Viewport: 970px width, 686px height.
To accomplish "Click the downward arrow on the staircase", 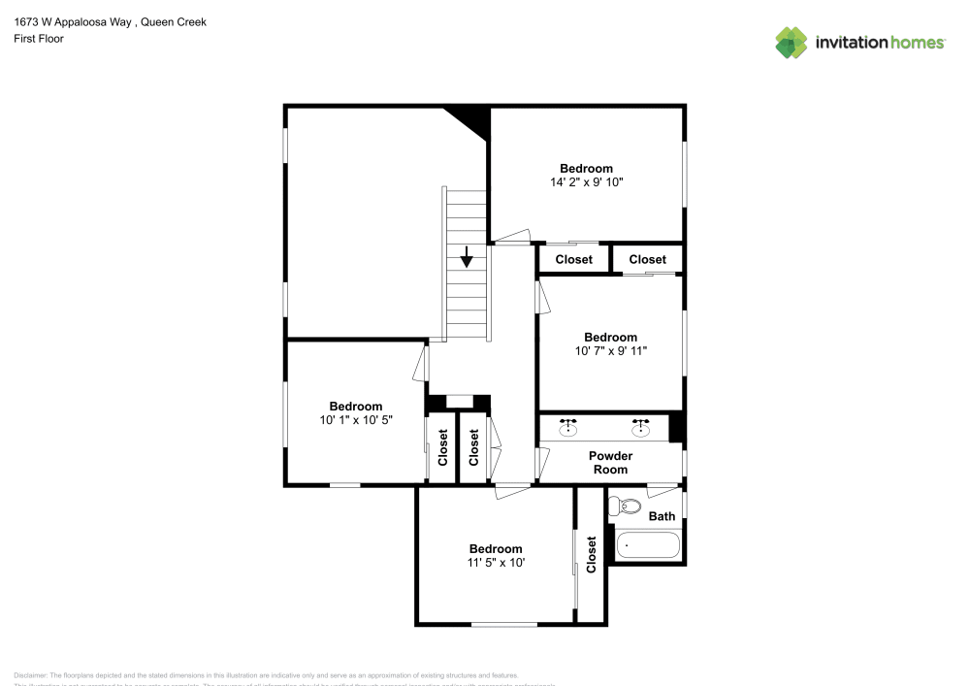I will [x=467, y=257].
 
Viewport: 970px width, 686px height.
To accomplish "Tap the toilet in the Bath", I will [x=630, y=506].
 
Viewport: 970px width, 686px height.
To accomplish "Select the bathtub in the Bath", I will [x=648, y=544].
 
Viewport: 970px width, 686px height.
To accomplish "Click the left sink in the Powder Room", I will [x=568, y=428].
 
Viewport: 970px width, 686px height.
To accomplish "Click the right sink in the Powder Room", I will [x=640, y=428].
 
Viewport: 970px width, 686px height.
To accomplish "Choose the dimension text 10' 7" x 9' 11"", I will [x=610, y=351].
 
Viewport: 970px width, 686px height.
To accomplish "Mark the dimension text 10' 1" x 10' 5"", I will [x=355, y=420].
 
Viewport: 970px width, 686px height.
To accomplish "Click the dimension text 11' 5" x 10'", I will [x=495, y=562].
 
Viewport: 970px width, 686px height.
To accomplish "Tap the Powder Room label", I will [x=610, y=463].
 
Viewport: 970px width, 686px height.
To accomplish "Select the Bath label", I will [x=662, y=516].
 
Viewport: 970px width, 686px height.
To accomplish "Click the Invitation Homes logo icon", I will [x=791, y=43].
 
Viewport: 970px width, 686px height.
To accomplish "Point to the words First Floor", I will [x=39, y=39].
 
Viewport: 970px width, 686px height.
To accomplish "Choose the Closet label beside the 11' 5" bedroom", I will [x=592, y=554].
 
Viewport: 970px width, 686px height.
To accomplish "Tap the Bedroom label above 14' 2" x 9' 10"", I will [x=586, y=168].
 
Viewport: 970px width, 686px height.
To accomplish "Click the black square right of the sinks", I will [x=676, y=428].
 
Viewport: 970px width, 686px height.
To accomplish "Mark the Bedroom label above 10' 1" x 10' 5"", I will [x=355, y=407].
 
